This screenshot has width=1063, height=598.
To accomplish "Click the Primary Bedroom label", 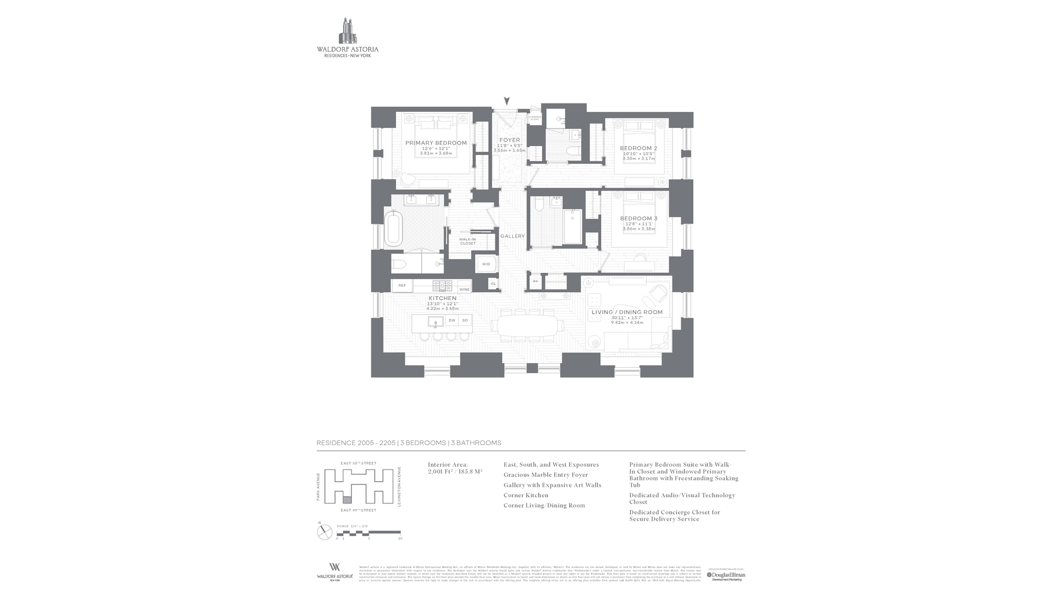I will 436,143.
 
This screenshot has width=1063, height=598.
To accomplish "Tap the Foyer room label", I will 509,140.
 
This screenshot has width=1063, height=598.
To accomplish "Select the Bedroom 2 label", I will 638,148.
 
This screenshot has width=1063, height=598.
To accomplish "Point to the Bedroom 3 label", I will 638,219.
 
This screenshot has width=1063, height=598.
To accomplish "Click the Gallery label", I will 512,236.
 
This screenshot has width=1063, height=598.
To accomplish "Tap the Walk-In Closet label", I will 467,241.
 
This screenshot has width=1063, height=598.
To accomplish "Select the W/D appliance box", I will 486,264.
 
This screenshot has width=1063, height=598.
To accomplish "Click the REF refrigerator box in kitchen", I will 402,286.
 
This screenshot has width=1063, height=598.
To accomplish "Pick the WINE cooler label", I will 464,289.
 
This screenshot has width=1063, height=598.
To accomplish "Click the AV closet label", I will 535,281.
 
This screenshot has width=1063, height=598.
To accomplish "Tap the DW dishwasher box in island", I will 452,321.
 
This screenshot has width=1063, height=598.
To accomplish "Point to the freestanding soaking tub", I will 394,228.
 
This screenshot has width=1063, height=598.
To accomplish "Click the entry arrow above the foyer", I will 507,101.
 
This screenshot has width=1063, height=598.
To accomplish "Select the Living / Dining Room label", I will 627,312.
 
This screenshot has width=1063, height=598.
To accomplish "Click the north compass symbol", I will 324,532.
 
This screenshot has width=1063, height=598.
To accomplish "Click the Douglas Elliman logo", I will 726,576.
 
